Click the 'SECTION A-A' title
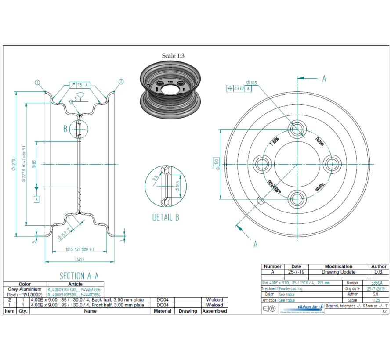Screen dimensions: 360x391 (x=79, y=276)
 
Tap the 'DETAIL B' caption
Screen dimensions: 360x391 (x=166, y=217)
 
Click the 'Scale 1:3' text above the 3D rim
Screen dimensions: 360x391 (x=173, y=56)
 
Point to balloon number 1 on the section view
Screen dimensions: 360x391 (x=38, y=82)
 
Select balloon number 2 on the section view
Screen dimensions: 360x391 (x=121, y=82)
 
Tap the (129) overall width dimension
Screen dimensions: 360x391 (x=80, y=259)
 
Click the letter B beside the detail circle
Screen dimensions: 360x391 (x=65, y=129)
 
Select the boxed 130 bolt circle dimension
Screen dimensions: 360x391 (x=216, y=162)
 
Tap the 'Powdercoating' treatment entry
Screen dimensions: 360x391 (x=291, y=289)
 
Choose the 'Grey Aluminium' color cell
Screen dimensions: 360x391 (x=25, y=289)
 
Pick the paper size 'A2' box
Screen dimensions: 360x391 (x=384, y=311)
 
